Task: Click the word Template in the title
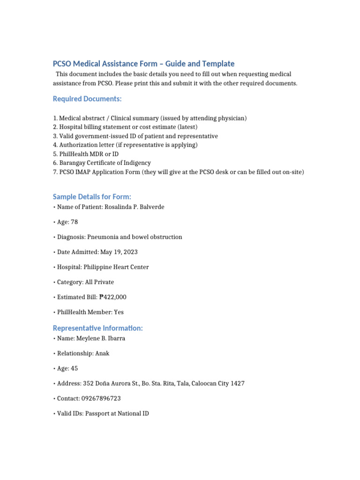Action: click(217, 64)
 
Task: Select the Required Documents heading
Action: click(87, 99)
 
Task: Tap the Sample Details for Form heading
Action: click(92, 196)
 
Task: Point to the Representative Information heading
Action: click(97, 328)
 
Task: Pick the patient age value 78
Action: click(74, 222)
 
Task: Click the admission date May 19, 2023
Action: click(119, 252)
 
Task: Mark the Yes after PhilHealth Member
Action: click(119, 312)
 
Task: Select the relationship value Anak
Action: click(102, 353)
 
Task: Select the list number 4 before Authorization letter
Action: click(55, 145)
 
